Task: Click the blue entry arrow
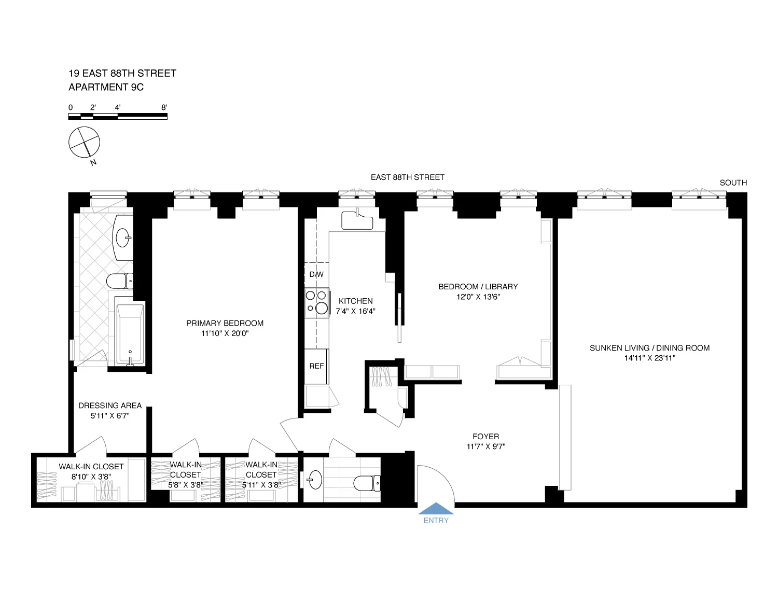(x=436, y=509)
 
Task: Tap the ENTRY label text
(x=436, y=521)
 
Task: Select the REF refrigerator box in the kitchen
(x=316, y=366)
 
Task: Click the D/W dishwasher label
(x=316, y=274)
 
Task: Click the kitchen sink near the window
(x=357, y=220)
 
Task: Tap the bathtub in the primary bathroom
(x=130, y=333)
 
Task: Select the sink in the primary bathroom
(x=123, y=239)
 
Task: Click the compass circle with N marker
(x=84, y=142)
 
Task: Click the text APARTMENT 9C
(x=106, y=87)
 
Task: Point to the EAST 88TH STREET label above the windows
(x=407, y=177)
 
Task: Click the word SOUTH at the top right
(x=733, y=183)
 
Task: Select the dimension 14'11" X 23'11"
(x=649, y=358)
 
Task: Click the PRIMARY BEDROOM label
(x=225, y=323)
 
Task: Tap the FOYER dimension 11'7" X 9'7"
(x=485, y=446)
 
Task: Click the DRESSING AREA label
(x=110, y=406)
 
